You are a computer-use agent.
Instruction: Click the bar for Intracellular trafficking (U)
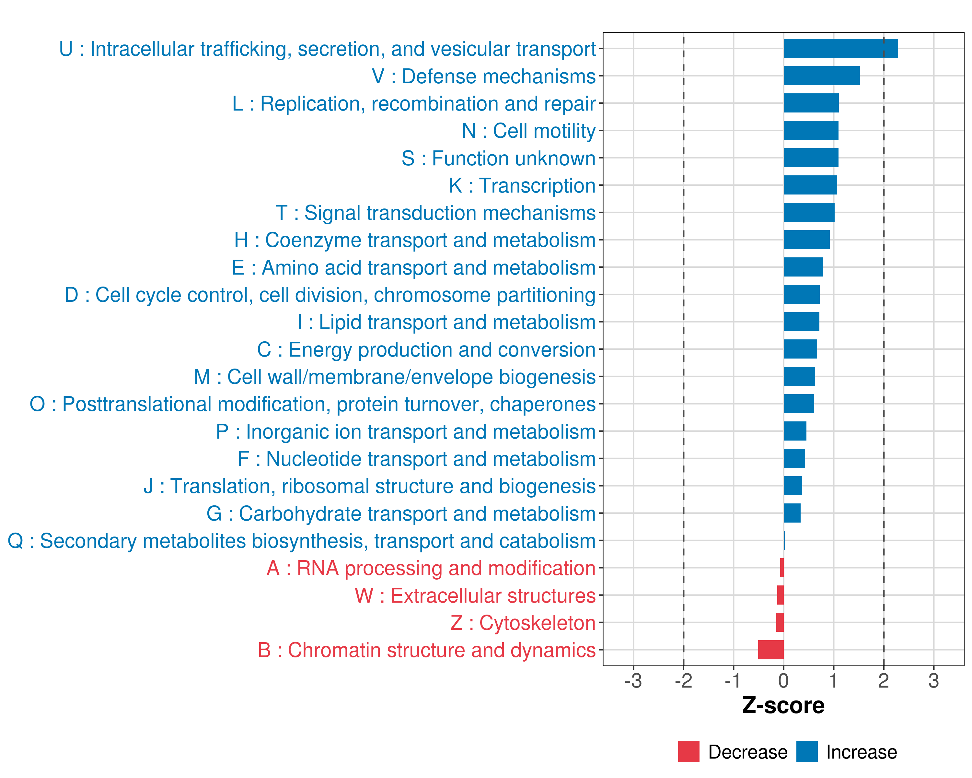click(x=840, y=49)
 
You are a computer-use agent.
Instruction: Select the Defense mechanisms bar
click(x=821, y=76)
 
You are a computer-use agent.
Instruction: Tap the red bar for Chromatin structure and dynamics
click(x=771, y=650)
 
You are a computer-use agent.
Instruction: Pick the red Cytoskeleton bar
click(x=780, y=622)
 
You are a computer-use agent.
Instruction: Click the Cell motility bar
click(x=811, y=131)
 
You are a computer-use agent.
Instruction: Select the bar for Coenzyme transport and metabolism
click(x=806, y=240)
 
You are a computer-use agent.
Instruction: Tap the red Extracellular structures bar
click(x=781, y=595)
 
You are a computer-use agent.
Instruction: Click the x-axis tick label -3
click(x=633, y=681)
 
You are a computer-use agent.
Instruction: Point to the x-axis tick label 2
click(x=884, y=681)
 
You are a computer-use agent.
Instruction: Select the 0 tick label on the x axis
click(x=783, y=681)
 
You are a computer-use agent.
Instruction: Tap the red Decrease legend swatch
click(x=688, y=752)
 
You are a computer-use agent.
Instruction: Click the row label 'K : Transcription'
click(x=522, y=186)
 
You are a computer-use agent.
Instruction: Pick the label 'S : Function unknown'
click(x=499, y=158)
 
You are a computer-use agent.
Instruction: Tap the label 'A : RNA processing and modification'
click(x=431, y=568)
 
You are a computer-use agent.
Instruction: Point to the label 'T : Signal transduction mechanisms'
click(x=435, y=213)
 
